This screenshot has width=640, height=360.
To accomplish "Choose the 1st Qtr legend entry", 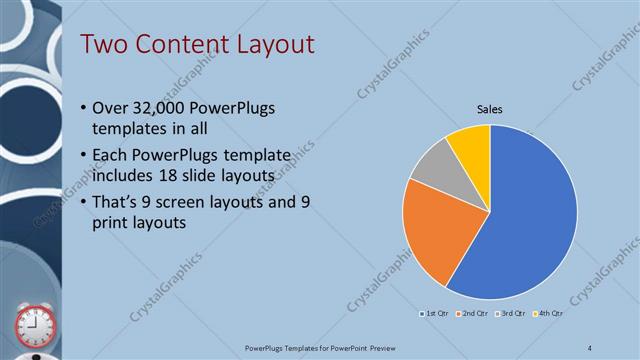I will coord(436,314).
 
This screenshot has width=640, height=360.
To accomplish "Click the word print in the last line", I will coord(110,223).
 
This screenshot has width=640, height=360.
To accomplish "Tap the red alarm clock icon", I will coord(34,325).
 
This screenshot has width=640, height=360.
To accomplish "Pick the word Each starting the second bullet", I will coord(111,157).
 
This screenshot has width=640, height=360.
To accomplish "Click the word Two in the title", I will coord(103,45).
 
